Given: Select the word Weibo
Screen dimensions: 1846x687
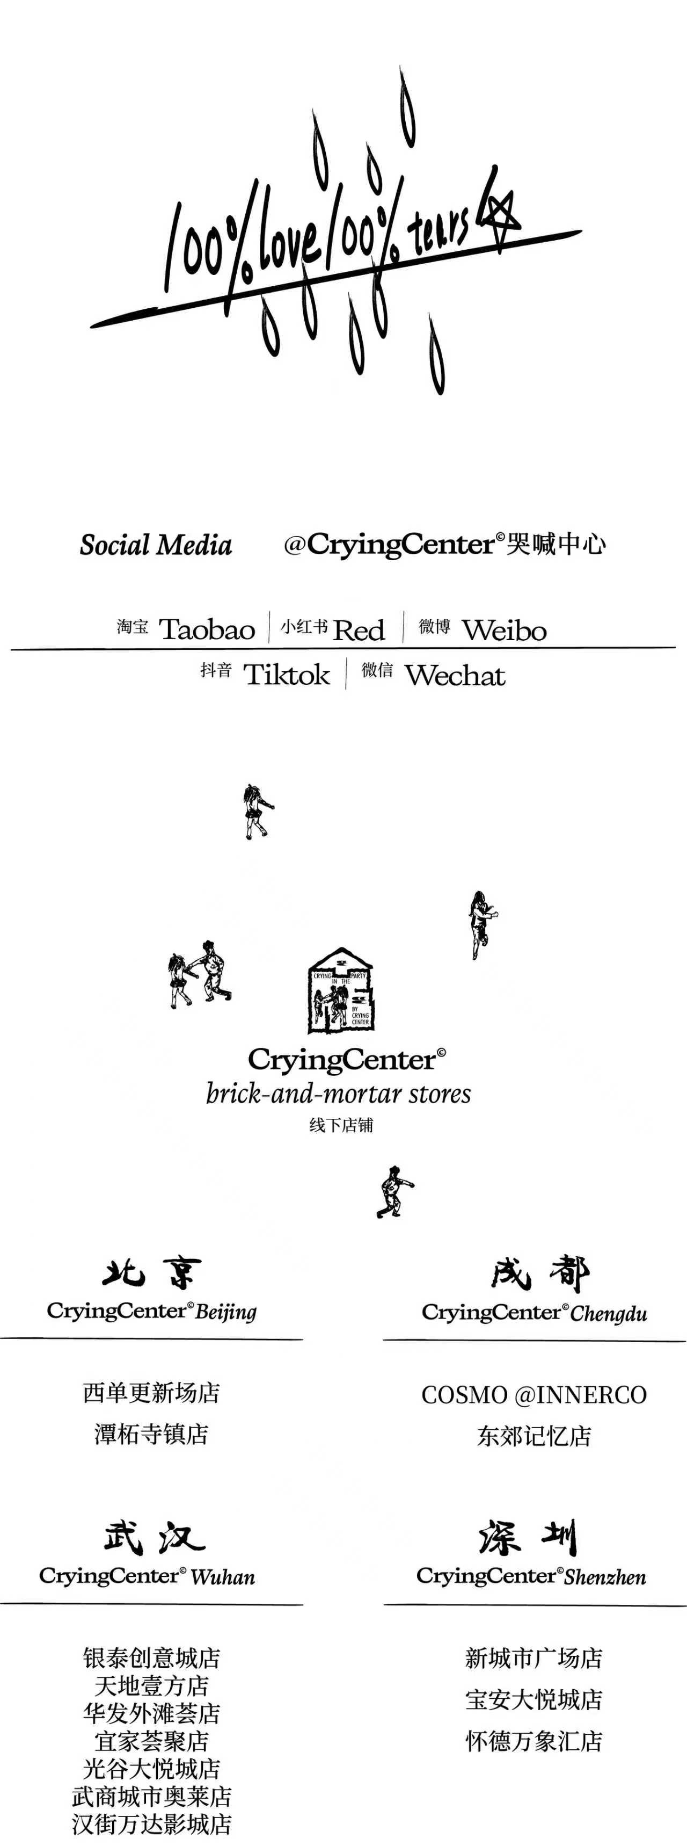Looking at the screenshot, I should click(x=505, y=631).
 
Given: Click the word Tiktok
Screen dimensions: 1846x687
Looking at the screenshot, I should click(x=287, y=675).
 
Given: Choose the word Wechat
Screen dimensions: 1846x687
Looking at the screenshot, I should click(x=455, y=676).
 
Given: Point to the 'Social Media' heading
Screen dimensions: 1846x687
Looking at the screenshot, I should click(x=156, y=545).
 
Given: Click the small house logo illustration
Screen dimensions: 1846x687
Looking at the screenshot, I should click(x=341, y=990).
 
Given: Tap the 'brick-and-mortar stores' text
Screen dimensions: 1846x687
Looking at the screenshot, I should click(x=338, y=1094).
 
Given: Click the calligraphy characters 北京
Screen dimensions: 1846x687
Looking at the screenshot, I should click(x=151, y=1273).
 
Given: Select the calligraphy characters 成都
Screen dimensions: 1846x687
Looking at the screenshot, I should click(x=539, y=1273).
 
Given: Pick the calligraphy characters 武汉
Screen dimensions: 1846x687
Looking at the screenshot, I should click(x=154, y=1537).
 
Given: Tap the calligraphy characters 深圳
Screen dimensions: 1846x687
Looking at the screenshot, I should click(x=528, y=1537).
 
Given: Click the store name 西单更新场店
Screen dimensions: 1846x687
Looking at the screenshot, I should click(x=151, y=1392).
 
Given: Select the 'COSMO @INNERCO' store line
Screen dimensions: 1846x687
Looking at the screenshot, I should click(x=533, y=1394).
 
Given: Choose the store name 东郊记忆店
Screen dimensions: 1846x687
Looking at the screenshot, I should click(x=533, y=1435).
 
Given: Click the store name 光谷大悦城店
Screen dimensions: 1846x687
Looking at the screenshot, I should click(x=151, y=1768).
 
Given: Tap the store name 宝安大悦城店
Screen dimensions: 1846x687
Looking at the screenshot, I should click(x=533, y=1699).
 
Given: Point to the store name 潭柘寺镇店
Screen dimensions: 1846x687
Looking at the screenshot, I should click(x=151, y=1434).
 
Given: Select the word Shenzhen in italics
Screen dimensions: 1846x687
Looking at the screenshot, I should click(x=605, y=1577).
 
